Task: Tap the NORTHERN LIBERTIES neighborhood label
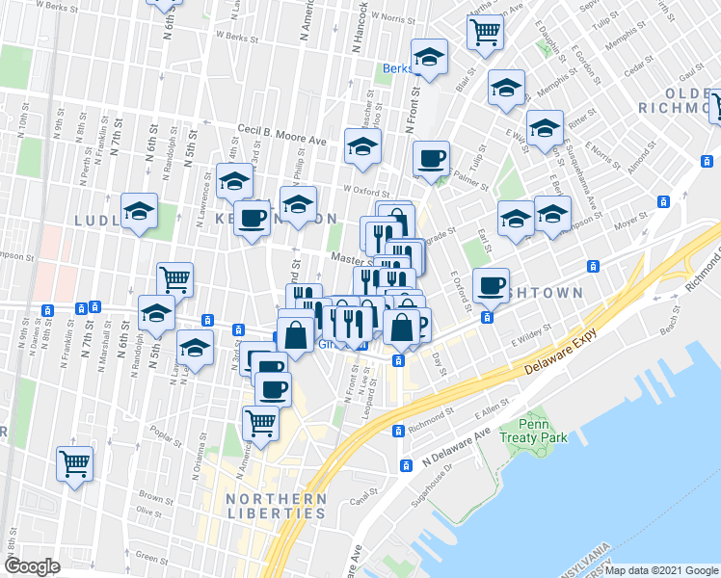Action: pyautogui.click(x=276, y=506)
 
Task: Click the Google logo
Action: pyautogui.click(x=33, y=565)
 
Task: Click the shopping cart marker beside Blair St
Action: pyautogui.click(x=485, y=31)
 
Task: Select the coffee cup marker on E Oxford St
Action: pyautogui.click(x=491, y=284)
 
